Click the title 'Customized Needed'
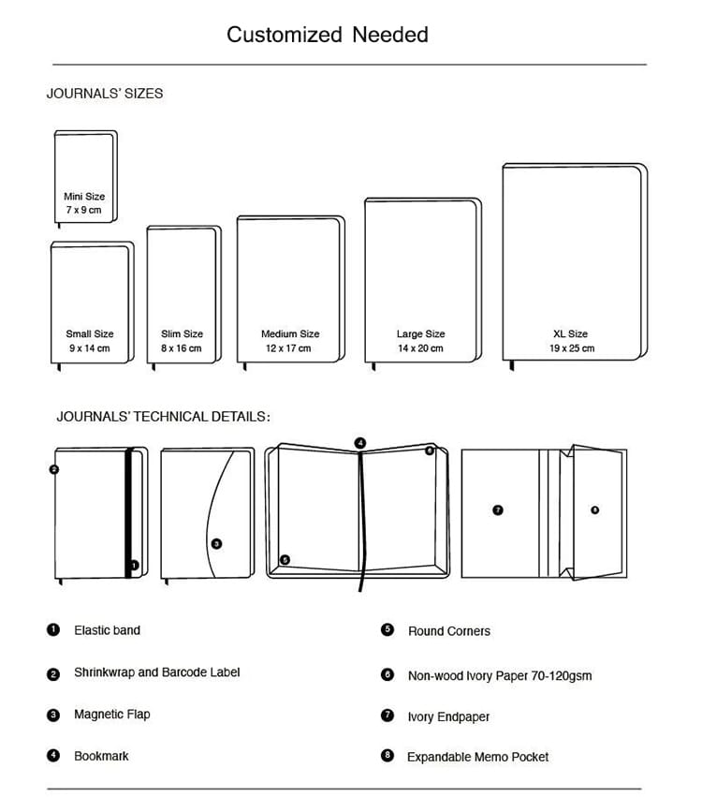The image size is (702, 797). click(327, 35)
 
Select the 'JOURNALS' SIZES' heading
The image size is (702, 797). click(105, 94)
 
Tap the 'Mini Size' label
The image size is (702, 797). click(84, 197)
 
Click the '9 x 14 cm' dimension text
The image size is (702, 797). click(90, 348)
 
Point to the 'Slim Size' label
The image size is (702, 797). click(182, 333)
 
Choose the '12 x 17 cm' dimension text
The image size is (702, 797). click(289, 348)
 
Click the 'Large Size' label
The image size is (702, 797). click(420, 333)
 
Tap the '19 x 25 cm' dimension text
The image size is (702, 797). click(571, 348)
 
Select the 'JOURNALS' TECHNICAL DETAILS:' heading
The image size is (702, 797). click(163, 417)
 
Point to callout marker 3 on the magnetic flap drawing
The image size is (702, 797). click(216, 543)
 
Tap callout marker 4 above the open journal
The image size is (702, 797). click(360, 442)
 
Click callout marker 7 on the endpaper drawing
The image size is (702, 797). click(498, 510)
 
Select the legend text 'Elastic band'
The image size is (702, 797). click(107, 630)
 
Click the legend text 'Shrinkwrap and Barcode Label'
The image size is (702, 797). click(156, 672)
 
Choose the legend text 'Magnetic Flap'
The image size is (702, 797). click(111, 715)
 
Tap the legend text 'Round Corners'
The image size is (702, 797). click(448, 631)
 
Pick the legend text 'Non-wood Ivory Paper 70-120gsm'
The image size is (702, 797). click(499, 675)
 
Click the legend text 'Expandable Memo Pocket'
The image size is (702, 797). click(477, 757)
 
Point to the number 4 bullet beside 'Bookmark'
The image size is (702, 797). click(53, 756)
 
